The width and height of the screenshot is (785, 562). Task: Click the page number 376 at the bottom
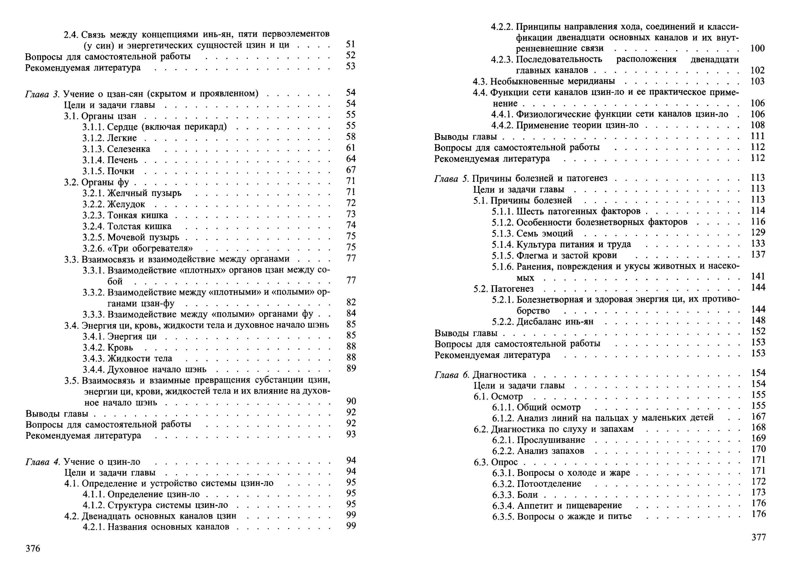click(x=33, y=549)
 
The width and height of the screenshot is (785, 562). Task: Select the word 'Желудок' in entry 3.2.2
click(x=126, y=204)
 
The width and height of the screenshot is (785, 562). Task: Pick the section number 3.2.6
click(x=94, y=248)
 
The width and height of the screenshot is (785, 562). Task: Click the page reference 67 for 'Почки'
click(x=351, y=170)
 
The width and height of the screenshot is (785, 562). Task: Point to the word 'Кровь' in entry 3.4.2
click(x=120, y=348)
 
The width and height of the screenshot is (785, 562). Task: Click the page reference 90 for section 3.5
click(x=351, y=401)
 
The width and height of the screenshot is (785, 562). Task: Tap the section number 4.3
click(x=480, y=81)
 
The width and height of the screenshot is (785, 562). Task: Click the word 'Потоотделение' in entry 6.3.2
click(x=549, y=484)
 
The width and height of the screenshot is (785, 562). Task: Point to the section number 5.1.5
click(x=503, y=255)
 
